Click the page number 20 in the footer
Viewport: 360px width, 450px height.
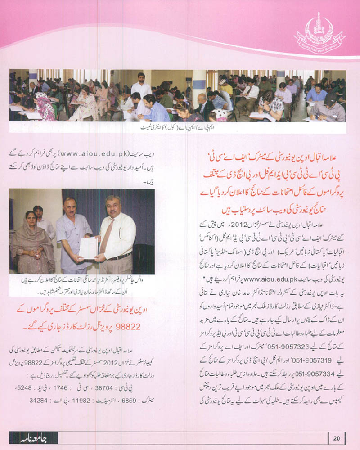click(x=337, y=437)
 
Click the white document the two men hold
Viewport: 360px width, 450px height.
click(x=88, y=247)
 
